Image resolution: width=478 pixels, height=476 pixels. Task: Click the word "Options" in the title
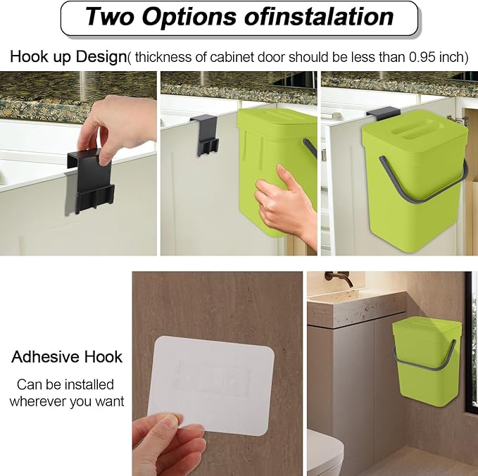coord(189,16)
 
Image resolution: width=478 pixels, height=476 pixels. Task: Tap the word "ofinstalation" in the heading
coord(319,16)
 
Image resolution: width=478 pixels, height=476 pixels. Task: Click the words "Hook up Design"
coord(68,57)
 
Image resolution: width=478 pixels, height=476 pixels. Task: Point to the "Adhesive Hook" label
coord(67,357)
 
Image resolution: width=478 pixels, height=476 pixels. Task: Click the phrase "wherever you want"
coord(67,401)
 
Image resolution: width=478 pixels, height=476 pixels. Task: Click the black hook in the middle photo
coord(204,134)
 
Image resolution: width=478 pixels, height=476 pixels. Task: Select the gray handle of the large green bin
coord(422,180)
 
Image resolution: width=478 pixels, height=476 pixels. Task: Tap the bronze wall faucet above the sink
coord(339,278)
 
